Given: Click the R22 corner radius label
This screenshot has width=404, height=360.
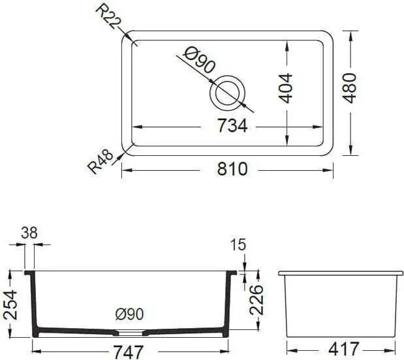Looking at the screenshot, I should tap(108, 18).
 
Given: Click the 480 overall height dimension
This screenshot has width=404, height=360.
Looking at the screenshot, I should tap(349, 88).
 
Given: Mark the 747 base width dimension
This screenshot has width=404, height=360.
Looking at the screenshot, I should tap(128, 352).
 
